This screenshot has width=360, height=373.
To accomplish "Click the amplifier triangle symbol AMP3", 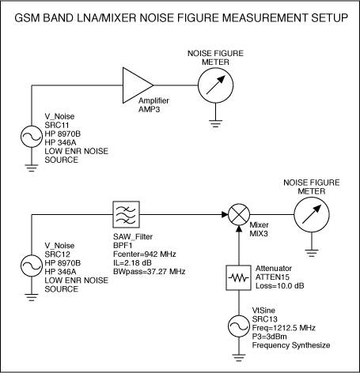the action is click(x=138, y=85).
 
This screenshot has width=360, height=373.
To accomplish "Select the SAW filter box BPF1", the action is click(x=126, y=214).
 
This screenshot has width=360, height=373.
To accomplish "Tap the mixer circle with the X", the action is click(x=239, y=214).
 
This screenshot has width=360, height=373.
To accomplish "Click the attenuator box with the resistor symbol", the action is click(x=238, y=277).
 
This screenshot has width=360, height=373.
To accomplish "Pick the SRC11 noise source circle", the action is click(x=32, y=137).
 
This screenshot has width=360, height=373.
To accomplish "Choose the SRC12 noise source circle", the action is click(x=32, y=266).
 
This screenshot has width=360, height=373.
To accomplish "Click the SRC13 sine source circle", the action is click(x=239, y=326).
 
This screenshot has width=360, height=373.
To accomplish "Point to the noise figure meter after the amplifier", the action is click(x=215, y=85).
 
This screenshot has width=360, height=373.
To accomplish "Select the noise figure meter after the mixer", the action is click(x=312, y=214).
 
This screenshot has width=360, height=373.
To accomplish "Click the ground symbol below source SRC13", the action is click(x=239, y=358).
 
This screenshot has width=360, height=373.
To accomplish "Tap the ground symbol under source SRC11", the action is click(x=32, y=168).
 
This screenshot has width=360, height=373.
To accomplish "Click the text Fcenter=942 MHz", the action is click(x=145, y=254).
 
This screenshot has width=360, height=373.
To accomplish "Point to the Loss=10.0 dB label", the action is click(x=280, y=286).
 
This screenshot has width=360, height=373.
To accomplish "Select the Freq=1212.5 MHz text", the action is click(x=284, y=328).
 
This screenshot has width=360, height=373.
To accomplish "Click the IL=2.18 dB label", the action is click(x=132, y=263).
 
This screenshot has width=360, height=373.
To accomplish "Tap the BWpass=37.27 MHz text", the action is click(x=150, y=272).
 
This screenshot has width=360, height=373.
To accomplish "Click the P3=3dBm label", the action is click(x=269, y=337).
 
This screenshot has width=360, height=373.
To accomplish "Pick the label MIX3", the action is click(x=259, y=234).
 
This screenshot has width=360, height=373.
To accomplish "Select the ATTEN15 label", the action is click(x=272, y=277).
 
